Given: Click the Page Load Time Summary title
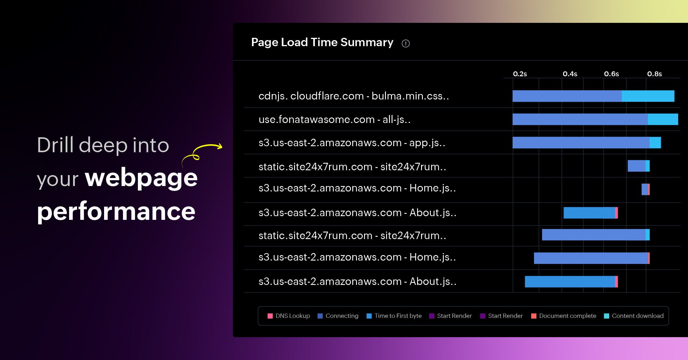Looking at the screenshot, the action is coord(322,42).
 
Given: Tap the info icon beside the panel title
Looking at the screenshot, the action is coord(406,44).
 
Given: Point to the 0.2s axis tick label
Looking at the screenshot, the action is coord(520,74).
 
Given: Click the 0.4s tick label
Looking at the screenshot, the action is coord(570,74).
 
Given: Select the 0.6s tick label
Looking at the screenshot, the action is coord(611,74).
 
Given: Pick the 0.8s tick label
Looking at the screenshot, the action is coord(654,74).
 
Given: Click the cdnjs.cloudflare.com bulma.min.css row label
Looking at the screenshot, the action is coord(354,96).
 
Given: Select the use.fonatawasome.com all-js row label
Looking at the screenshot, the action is coord(335,120).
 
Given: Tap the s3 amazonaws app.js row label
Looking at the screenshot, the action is coord(352,143).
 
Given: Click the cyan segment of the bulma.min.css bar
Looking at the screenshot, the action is coord(648,96).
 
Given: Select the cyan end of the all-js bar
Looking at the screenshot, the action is coord(663,119).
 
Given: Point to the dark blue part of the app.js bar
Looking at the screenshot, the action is coord(581,142).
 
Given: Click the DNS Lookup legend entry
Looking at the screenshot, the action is coord(289,316).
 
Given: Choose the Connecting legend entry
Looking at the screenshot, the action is coord(338,316).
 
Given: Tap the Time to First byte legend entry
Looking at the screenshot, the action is coord(394,316).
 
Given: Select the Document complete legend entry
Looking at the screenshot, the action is coord(564,316).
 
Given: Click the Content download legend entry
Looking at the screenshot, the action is coord(634,316).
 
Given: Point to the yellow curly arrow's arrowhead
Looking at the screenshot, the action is coord(220,146).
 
